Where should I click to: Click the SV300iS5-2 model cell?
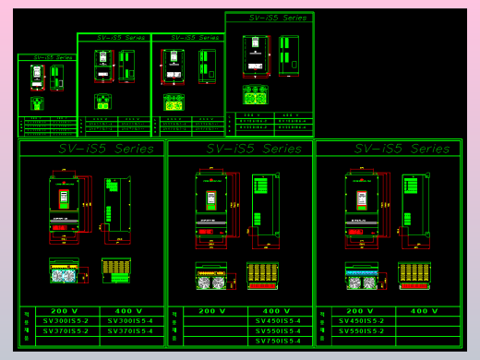coord(66,321)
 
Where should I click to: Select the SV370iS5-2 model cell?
coord(66,330)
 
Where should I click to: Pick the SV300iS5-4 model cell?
coord(130,321)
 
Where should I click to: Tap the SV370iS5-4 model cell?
coord(130,330)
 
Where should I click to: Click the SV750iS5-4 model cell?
coord(278,341)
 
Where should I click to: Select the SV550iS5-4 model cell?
coord(278,330)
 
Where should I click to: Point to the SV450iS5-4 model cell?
coord(278,321)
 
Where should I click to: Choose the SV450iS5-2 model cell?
coord(362,321)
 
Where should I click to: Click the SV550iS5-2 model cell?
coord(362,330)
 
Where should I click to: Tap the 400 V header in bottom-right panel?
coord(425,311)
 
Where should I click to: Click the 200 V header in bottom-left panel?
coord(66,311)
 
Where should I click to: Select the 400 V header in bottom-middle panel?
coord(278,311)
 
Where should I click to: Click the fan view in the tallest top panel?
coord(256,94)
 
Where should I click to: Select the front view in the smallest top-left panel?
coord(37,77)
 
